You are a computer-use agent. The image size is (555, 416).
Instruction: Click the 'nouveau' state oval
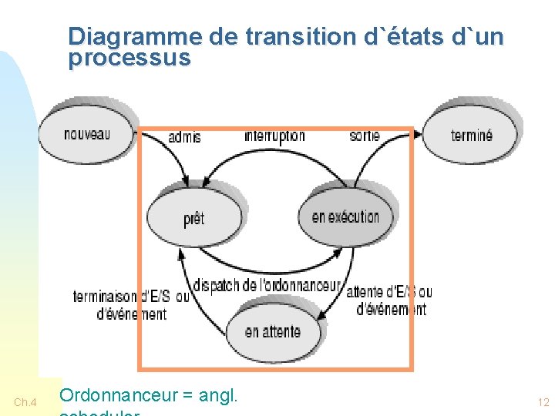[86, 134]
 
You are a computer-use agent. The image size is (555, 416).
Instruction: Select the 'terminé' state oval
[471, 136]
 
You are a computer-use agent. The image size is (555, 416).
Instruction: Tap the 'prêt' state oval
[194, 219]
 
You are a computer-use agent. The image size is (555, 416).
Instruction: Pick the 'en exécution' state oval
[345, 216]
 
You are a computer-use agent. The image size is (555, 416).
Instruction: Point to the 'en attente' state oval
[272, 332]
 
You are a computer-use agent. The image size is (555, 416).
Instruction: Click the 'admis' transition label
[184, 137]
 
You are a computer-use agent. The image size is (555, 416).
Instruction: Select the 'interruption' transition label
[274, 136]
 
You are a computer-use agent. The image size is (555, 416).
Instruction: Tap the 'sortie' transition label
[364, 136]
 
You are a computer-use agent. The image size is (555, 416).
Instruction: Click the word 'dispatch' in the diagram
[216, 285]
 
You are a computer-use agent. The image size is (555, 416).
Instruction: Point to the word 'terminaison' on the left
[106, 297]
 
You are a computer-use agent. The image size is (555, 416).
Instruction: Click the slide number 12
[543, 402]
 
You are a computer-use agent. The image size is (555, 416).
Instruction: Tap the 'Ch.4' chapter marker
[25, 402]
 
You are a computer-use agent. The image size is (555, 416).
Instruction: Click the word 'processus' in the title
[129, 58]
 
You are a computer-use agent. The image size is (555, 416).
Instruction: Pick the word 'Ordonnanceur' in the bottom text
[118, 396]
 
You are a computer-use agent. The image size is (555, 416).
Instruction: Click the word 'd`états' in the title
[403, 36]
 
